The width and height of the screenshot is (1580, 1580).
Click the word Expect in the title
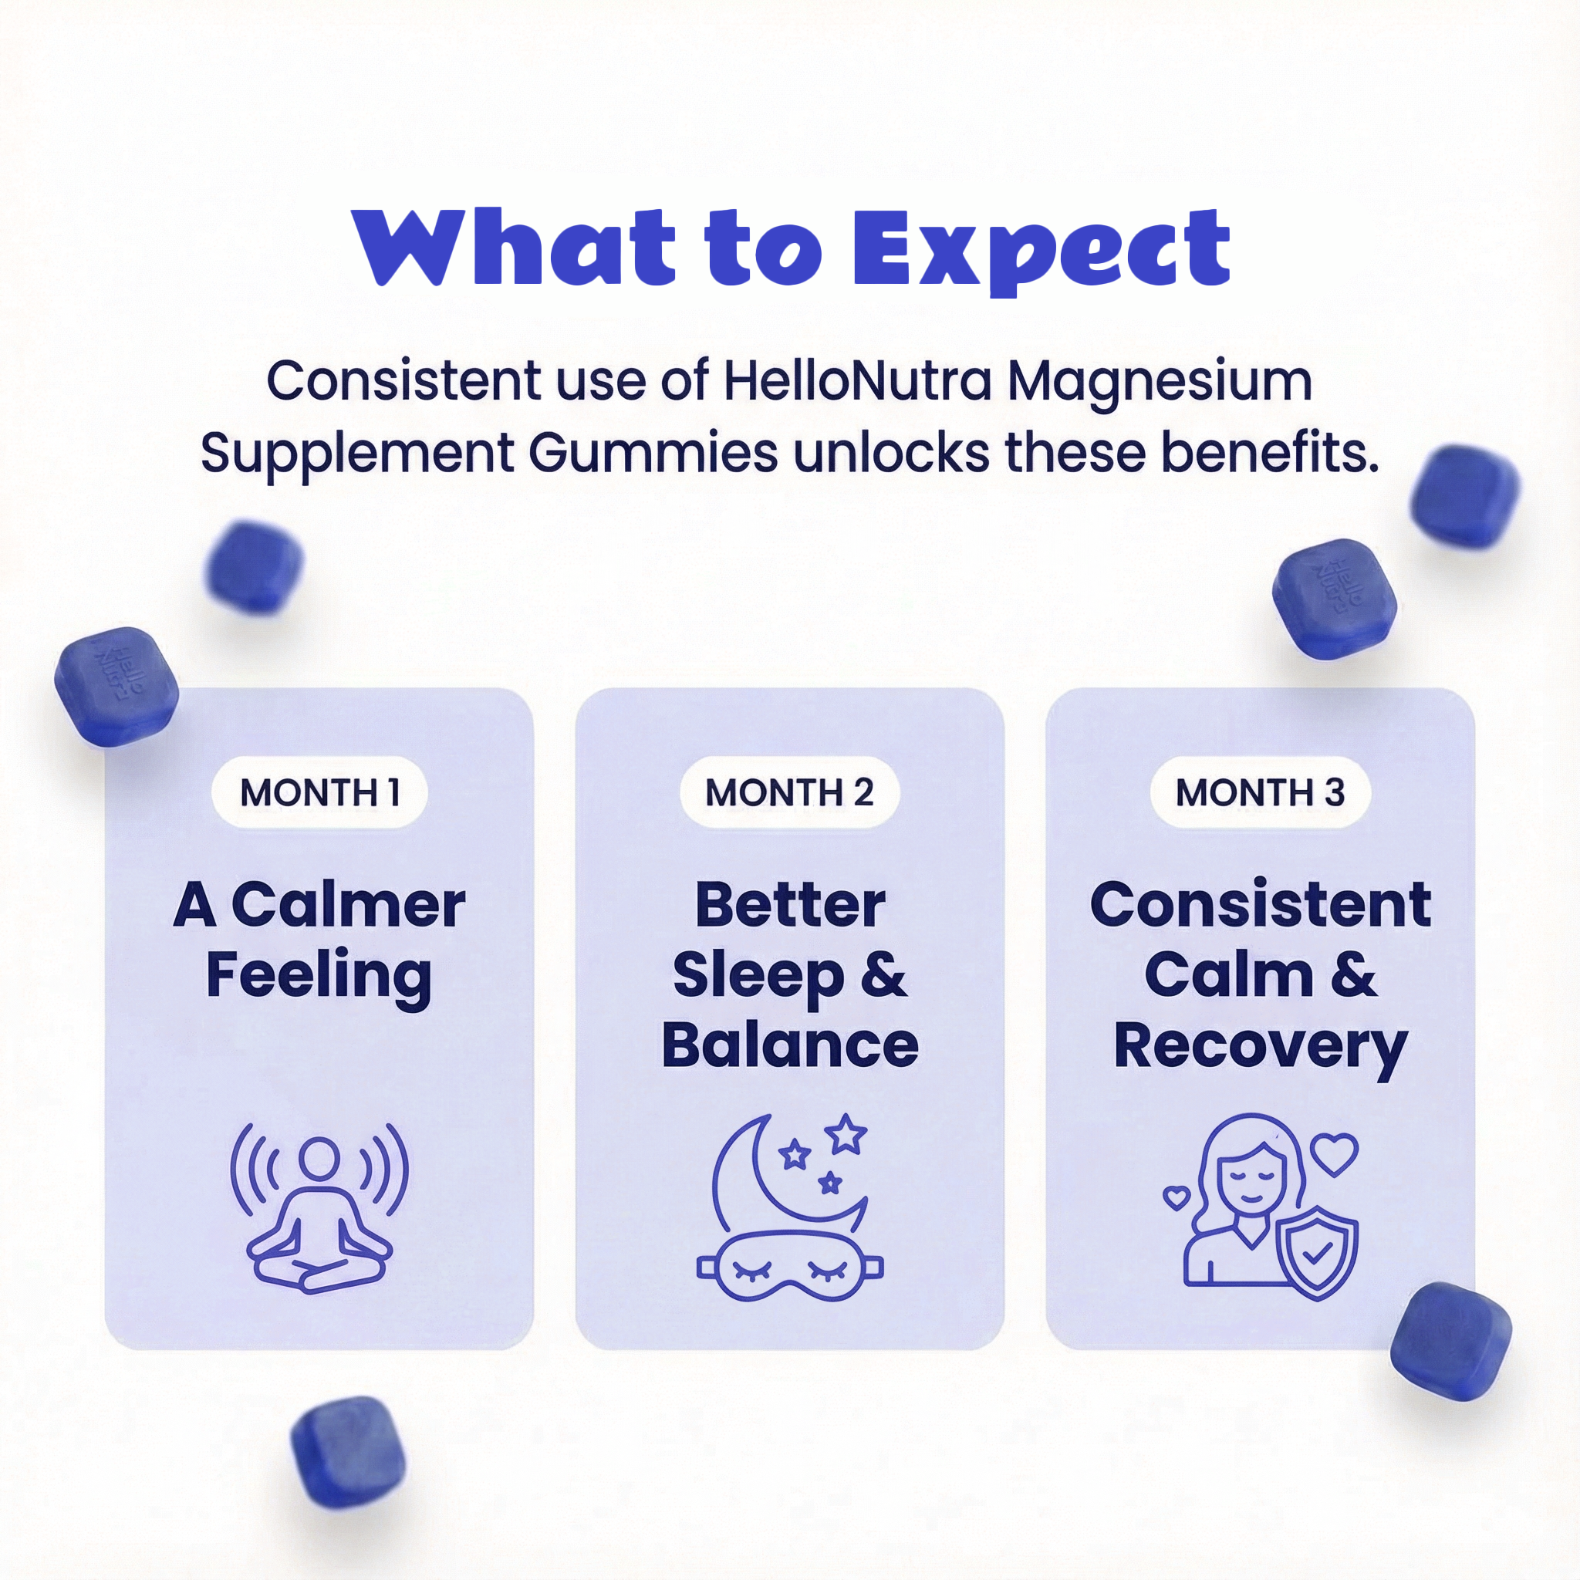(1041, 249)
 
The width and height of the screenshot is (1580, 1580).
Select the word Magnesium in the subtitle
(1160, 383)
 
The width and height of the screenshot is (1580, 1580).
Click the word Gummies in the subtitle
(653, 453)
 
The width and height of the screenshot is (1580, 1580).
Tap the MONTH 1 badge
(319, 792)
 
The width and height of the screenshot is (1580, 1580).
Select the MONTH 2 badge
(789, 792)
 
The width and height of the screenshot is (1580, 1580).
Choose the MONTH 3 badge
(1261, 792)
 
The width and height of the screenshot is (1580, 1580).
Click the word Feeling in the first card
(319, 977)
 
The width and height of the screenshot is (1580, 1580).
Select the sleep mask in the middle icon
(790, 1265)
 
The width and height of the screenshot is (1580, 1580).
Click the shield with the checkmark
(1317, 1252)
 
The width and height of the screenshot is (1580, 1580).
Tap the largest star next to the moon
(846, 1135)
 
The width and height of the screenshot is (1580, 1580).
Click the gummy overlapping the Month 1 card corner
(116, 687)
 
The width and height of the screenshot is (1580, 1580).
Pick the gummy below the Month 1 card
(349, 1452)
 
